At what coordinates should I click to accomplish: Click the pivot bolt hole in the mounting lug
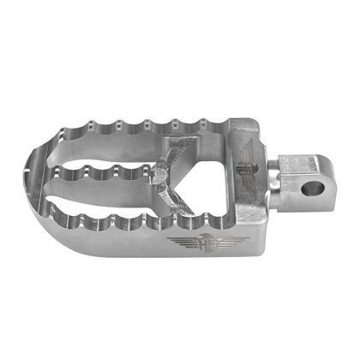click(x=314, y=186)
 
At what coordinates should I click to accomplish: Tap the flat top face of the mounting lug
click(x=300, y=164)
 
